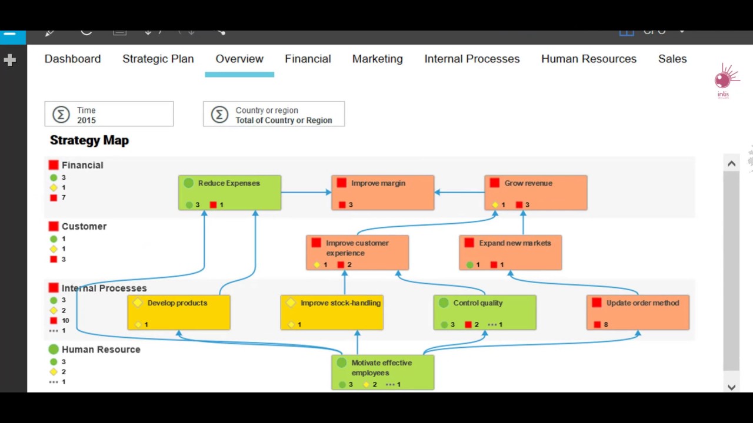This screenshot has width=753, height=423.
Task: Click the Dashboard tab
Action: [72, 59]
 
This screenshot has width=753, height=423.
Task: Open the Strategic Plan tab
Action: [158, 59]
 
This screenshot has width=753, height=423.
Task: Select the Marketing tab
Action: [377, 59]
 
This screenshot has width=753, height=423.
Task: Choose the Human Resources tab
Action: [588, 59]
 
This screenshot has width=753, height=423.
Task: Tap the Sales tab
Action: [672, 59]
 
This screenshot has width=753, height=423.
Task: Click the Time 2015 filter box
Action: [109, 114]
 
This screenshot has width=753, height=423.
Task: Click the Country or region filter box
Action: [274, 114]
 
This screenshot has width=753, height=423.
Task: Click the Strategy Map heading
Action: [89, 140]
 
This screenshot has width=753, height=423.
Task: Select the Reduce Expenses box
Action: [229, 193]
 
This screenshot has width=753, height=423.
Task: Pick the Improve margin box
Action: [382, 193]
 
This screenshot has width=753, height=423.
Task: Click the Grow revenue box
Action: [535, 193]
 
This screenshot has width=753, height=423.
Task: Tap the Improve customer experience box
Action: [357, 253]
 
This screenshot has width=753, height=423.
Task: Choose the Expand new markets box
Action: [510, 253]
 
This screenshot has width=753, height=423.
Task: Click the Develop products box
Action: [178, 313]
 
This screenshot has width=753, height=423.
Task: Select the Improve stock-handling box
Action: [332, 313]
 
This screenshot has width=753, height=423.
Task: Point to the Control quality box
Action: [485, 313]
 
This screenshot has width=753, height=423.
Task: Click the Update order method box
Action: [638, 313]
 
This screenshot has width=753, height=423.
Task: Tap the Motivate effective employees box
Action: [382, 372]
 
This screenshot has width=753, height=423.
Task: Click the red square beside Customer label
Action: [54, 226]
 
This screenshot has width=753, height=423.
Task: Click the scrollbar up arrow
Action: [731, 164]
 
